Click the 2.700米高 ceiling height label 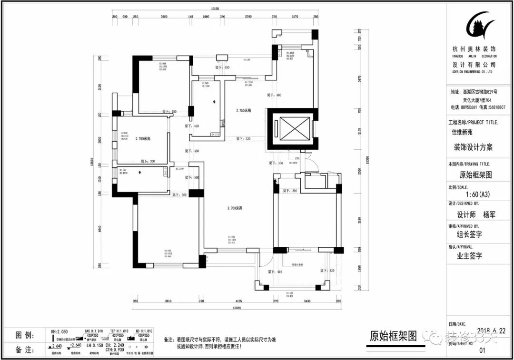point(235,208)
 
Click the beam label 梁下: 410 point(275,272)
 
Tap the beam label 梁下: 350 point(276,163)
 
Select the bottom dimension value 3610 point(168,301)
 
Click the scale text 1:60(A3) point(477,194)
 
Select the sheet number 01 point(482,350)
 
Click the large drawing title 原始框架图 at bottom point(393,337)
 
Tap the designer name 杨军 point(489,214)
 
